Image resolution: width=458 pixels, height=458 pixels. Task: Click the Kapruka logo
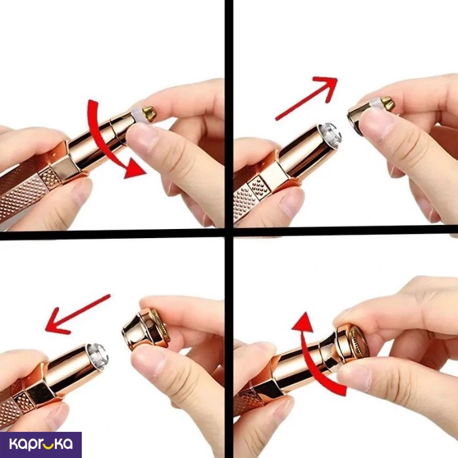click(x=41, y=444)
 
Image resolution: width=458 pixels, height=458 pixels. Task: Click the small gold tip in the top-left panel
click(x=149, y=114)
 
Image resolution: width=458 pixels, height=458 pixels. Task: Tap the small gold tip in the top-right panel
click(x=387, y=103)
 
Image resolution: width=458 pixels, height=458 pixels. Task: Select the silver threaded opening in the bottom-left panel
click(x=98, y=357)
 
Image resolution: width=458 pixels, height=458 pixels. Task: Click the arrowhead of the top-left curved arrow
click(x=134, y=169)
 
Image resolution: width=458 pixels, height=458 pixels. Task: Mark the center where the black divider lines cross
click(x=229, y=232)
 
